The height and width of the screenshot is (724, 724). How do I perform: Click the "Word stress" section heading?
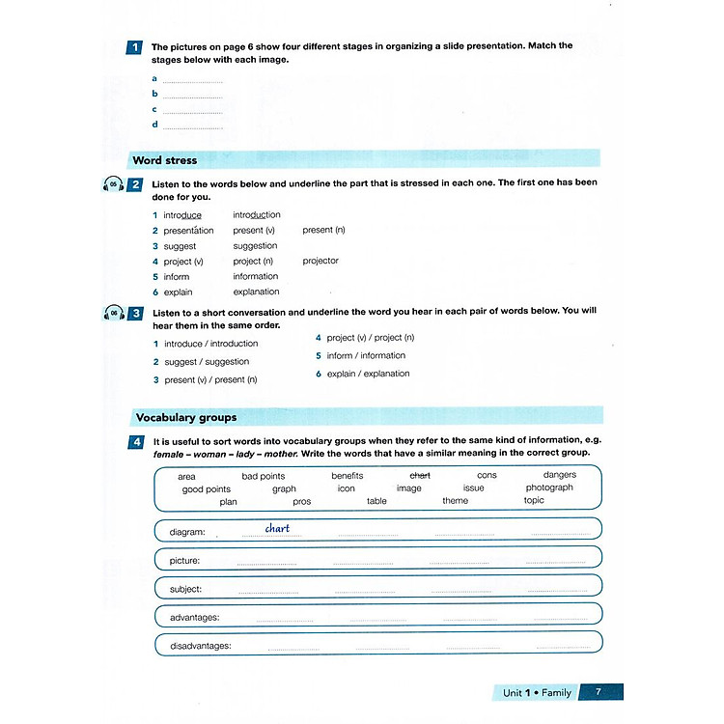(164, 160)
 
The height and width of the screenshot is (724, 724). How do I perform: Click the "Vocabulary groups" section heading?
(186, 418)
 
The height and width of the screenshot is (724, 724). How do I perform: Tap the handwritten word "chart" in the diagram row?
(277, 528)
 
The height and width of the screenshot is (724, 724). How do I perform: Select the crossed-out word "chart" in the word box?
(420, 475)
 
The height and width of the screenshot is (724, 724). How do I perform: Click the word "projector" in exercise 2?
(320, 261)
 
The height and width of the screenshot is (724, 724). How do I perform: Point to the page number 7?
(599, 692)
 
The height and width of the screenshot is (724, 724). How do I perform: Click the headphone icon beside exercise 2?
(113, 184)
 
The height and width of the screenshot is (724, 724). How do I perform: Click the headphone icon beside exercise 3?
(113, 314)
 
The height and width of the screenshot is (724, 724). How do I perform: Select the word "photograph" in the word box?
(549, 487)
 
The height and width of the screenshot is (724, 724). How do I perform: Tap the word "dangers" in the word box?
(559, 475)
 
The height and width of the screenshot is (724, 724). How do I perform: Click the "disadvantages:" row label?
(200, 646)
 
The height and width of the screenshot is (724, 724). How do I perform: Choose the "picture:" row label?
(184, 560)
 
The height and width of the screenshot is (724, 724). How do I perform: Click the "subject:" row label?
(185, 589)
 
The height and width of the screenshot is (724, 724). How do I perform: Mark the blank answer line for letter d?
(193, 125)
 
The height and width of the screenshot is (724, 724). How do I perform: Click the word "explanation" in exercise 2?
(256, 292)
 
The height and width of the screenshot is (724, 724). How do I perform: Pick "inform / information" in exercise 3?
(366, 355)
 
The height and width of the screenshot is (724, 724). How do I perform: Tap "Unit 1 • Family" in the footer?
(537, 692)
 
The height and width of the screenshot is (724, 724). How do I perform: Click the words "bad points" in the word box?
(263, 476)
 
